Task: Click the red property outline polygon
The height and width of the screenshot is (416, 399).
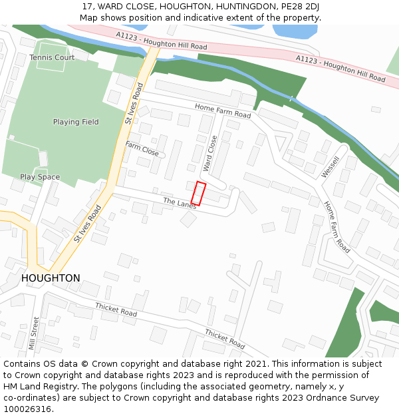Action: [198, 193]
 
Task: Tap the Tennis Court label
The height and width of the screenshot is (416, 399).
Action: [52, 58]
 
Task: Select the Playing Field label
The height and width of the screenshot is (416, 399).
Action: [76, 122]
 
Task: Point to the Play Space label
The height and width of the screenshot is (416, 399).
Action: [40, 177]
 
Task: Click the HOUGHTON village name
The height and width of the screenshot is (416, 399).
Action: [51, 278]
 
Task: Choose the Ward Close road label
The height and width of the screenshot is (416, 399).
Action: [210, 154]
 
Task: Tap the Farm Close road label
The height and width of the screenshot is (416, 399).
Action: [142, 149]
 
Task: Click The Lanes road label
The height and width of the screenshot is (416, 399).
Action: [180, 203]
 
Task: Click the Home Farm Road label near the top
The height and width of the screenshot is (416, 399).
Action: [223, 110]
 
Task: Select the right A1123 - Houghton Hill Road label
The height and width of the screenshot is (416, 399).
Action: [340, 69]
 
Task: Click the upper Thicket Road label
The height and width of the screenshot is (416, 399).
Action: [116, 310]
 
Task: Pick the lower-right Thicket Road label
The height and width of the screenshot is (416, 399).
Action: [225, 339]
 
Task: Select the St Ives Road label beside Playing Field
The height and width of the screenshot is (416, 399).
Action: [134, 103]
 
